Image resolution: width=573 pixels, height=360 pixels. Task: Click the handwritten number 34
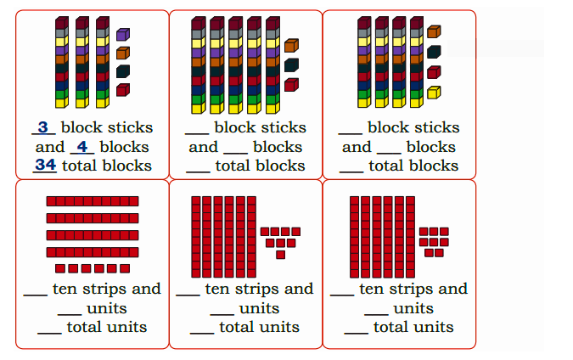45,165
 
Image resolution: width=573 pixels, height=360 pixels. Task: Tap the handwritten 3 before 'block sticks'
42,127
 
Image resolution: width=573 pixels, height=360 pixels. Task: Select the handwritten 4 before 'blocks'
82,147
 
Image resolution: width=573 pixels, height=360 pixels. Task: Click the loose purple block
123,34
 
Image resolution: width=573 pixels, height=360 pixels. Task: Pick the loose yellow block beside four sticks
434,93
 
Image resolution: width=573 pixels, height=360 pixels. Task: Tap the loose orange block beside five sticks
292,46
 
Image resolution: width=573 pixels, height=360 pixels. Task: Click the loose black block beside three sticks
123,71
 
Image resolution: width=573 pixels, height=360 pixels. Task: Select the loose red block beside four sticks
434,72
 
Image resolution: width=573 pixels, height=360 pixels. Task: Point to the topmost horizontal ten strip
93,201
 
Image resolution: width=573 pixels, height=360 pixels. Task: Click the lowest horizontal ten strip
93,252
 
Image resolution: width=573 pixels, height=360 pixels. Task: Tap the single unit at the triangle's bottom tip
281,255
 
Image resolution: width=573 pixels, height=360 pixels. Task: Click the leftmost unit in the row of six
60,269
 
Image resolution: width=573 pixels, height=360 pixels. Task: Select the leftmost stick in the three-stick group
62,62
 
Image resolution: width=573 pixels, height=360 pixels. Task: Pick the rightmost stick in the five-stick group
273,65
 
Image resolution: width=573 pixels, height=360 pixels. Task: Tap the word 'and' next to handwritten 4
50,147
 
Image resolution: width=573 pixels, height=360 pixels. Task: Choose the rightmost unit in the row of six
125,269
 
